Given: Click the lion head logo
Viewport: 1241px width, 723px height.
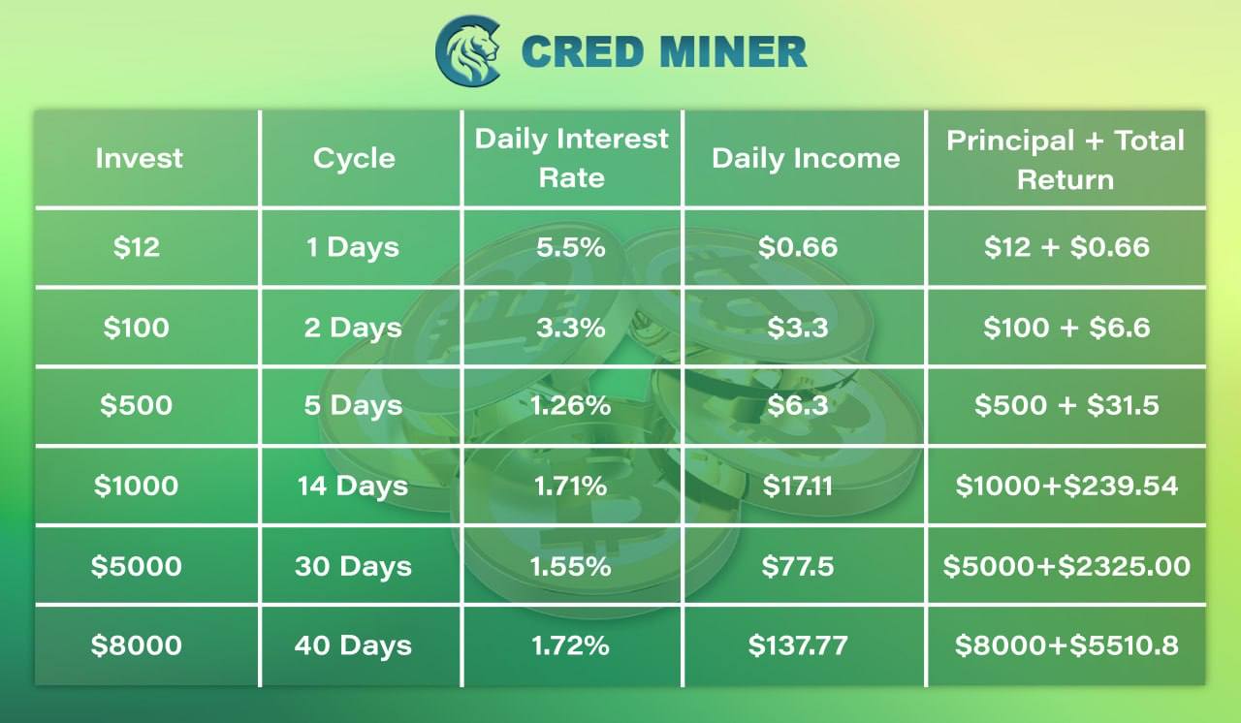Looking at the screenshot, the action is (x=468, y=51).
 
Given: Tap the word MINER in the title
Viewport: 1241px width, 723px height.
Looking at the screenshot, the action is (x=733, y=51).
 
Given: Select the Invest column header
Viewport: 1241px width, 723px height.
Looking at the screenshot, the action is (x=139, y=158).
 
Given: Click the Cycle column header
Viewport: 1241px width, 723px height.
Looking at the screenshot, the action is (x=354, y=158).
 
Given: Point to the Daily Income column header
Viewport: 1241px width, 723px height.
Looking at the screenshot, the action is (x=806, y=159).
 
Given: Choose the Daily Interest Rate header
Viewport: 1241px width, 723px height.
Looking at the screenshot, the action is (x=571, y=158).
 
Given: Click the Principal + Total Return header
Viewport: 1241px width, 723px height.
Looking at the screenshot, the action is (x=1065, y=160).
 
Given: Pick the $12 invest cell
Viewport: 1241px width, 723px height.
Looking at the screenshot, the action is (x=137, y=247).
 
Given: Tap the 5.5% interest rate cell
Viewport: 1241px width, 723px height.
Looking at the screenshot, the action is (x=571, y=247).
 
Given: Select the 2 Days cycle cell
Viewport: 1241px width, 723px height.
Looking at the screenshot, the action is (x=353, y=328).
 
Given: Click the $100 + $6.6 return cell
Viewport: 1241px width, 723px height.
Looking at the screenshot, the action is (x=1066, y=328).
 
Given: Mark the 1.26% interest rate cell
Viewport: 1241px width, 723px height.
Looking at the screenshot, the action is (x=571, y=405).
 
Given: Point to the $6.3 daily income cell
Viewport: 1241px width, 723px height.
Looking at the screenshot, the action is (x=798, y=405).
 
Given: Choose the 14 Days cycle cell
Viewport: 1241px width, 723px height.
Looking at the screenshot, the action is (x=353, y=487).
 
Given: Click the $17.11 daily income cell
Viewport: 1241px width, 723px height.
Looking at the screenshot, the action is (x=798, y=487).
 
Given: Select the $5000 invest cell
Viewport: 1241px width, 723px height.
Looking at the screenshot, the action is (x=137, y=566).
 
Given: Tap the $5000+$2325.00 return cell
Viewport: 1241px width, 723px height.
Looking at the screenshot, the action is (x=1066, y=566).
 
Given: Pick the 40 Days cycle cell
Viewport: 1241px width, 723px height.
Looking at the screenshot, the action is (x=353, y=645).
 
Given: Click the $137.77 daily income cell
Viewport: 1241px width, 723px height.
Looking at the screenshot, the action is (x=798, y=645).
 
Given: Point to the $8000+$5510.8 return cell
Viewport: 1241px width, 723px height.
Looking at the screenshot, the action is (x=1066, y=645).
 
